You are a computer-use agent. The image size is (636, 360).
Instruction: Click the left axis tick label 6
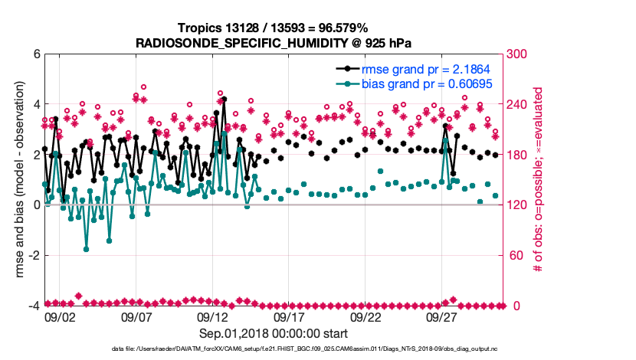click(36, 54)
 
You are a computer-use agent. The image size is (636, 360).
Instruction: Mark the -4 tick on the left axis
click(34, 306)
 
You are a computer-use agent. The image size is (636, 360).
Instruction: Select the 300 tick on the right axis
click(520, 54)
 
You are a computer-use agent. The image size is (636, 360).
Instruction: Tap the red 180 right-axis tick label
click(520, 155)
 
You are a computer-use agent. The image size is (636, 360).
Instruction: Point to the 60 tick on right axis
click(517, 256)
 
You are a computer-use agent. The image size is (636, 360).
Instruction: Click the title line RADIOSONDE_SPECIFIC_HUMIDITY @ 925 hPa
click(274, 42)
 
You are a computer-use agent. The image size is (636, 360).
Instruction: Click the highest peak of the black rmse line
click(224, 99)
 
